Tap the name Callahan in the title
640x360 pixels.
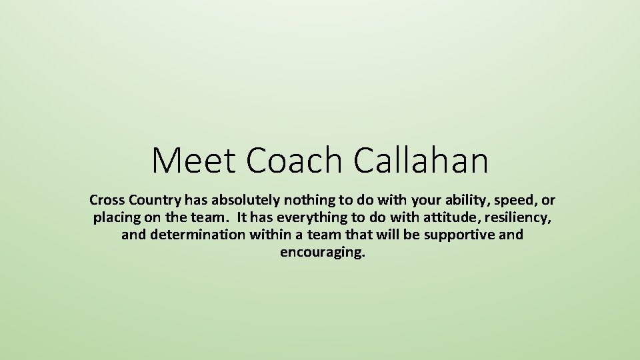pos(421,160)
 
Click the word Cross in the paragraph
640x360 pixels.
pos(105,200)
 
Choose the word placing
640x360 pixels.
pos(114,219)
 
